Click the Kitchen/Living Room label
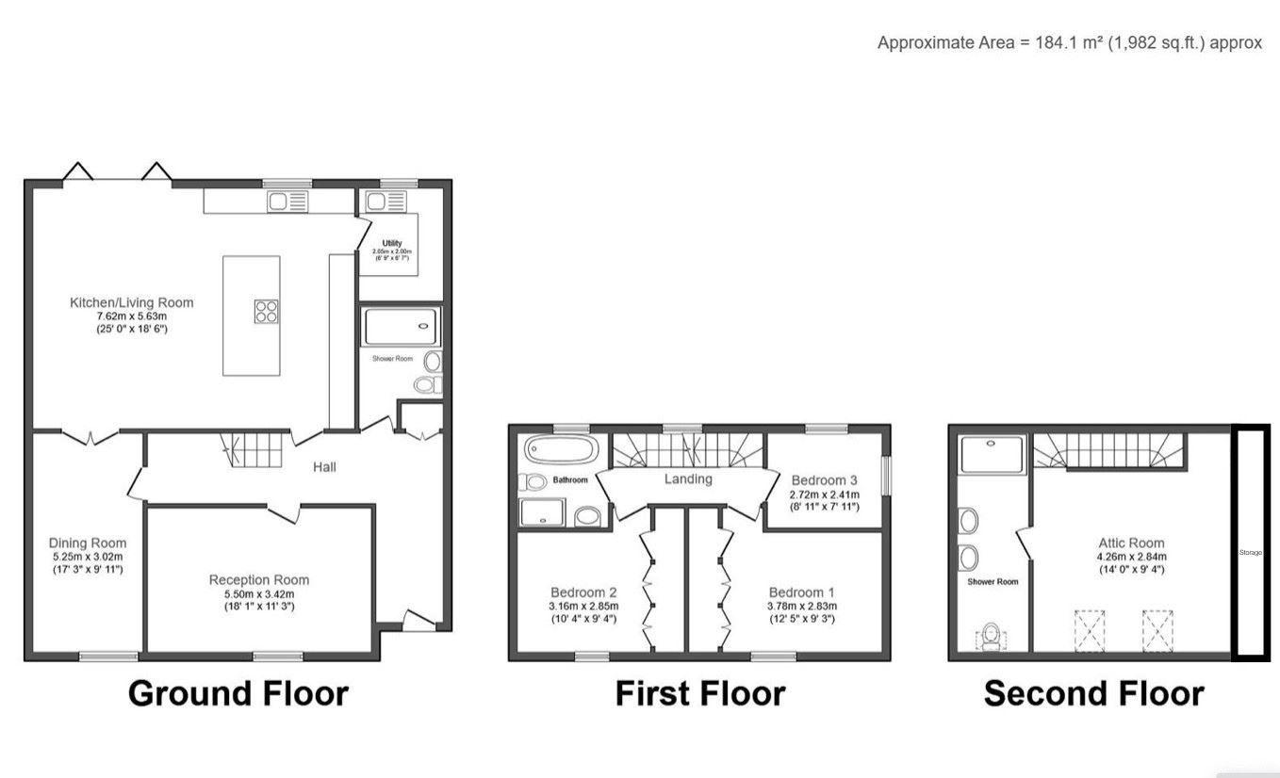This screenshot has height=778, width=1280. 131,302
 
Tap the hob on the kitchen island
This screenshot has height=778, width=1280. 266,311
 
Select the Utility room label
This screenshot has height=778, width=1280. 391,243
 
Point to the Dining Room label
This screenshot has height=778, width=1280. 88,543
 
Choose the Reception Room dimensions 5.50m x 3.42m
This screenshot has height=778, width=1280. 258,594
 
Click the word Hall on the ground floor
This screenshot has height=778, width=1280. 324,466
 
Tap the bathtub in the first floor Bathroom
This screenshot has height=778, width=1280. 560,449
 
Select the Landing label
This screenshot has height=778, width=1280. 688,478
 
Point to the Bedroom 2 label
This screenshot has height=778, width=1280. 583,592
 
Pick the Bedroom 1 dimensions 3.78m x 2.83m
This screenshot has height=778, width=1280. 802,606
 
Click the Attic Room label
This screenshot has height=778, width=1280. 1131,543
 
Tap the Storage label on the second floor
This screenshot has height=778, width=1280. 1250,552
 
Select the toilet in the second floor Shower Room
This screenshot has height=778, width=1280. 990,639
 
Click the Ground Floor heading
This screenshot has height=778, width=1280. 238,693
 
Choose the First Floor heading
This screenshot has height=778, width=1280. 699,693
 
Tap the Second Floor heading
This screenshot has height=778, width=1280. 1093,693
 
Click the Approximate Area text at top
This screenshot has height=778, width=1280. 1069,42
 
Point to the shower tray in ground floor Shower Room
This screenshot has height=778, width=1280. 402,327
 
